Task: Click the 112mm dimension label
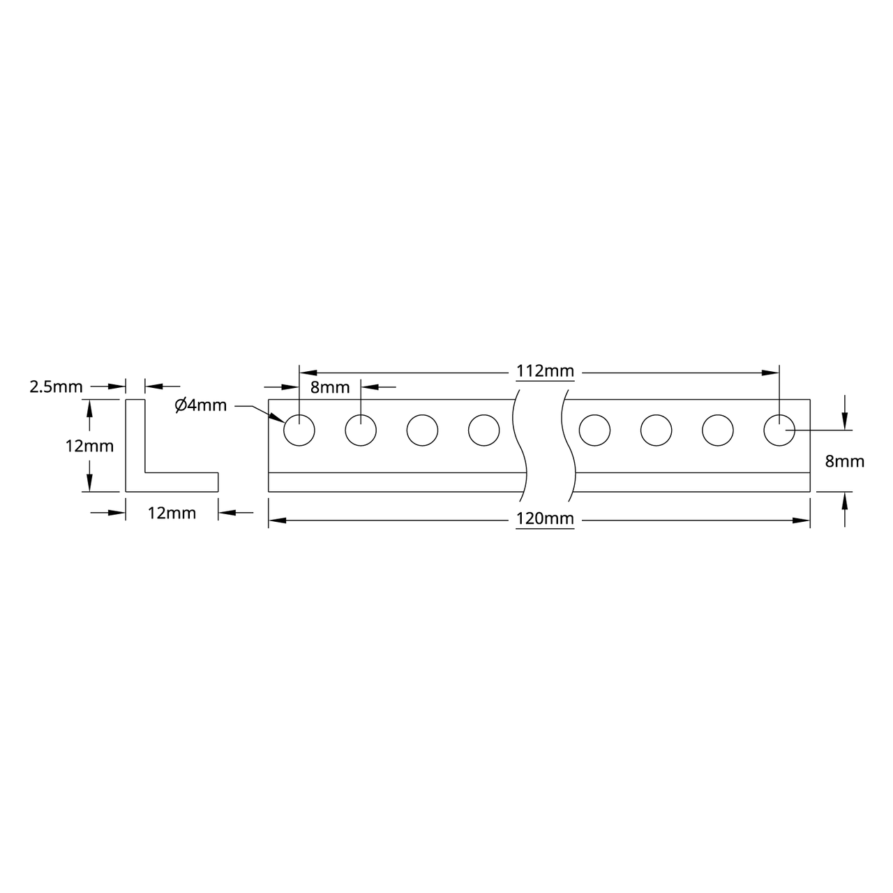click(x=545, y=372)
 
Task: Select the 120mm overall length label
click(x=545, y=519)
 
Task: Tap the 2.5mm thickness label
click(x=56, y=387)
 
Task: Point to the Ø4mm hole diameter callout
click(x=201, y=405)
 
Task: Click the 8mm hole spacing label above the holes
click(x=330, y=388)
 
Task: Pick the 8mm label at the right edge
click(x=844, y=461)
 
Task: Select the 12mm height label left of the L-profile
click(x=89, y=446)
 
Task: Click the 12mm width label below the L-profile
click(x=172, y=513)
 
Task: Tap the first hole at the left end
click(x=299, y=430)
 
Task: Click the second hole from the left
click(x=361, y=430)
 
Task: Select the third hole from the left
click(x=422, y=430)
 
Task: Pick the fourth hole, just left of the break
click(x=483, y=430)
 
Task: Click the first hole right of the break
click(x=594, y=430)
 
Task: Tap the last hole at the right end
click(x=779, y=430)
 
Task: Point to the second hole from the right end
click(x=718, y=430)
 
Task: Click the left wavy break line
click(x=520, y=446)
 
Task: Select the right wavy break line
click(x=569, y=446)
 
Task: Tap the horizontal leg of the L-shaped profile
click(x=181, y=482)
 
